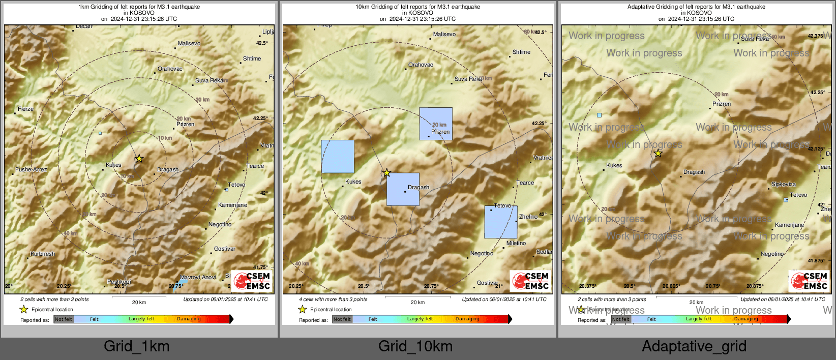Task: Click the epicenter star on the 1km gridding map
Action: (x=139, y=159)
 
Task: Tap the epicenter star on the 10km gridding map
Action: (x=386, y=173)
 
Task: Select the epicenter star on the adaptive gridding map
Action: (x=658, y=153)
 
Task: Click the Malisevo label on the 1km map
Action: (x=189, y=44)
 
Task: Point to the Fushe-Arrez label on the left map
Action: (x=31, y=169)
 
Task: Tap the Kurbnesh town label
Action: (x=43, y=254)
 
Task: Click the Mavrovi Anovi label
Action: (x=198, y=277)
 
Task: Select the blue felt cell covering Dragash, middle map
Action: (x=403, y=189)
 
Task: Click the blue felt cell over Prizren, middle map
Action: (x=436, y=124)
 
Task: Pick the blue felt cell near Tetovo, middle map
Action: (x=500, y=222)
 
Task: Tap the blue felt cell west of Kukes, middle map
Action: (x=338, y=157)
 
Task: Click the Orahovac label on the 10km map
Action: (x=421, y=65)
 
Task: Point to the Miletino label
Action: (x=516, y=244)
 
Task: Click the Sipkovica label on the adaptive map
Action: (x=783, y=184)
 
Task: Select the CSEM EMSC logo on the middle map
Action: (x=530, y=281)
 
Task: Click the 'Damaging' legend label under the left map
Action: (x=189, y=319)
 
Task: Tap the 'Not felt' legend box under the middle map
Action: (x=342, y=319)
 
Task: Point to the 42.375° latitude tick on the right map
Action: (x=816, y=36)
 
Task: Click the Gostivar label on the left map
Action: (x=224, y=249)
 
